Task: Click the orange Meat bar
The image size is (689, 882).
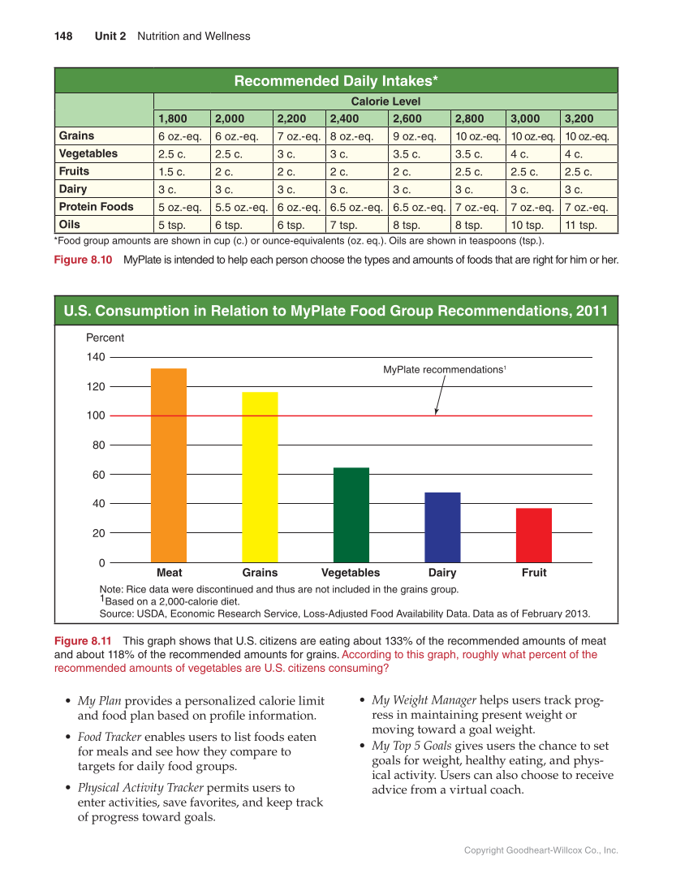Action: tap(169, 465)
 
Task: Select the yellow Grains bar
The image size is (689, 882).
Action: tap(260, 477)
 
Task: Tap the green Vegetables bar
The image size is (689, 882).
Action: tap(351, 514)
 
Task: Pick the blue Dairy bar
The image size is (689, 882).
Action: tap(442, 527)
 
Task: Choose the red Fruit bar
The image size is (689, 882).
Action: tap(533, 535)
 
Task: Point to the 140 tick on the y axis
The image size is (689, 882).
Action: tap(96, 357)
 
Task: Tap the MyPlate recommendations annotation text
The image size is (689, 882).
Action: tap(444, 370)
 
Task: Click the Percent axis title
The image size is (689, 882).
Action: tap(105, 338)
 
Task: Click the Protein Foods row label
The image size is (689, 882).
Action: tap(96, 207)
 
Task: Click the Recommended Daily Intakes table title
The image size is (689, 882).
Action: tap(336, 80)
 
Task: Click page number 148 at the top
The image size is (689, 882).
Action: tap(63, 37)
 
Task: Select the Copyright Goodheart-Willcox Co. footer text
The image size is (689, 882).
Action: tap(540, 850)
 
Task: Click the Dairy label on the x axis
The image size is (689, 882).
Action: tap(442, 573)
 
